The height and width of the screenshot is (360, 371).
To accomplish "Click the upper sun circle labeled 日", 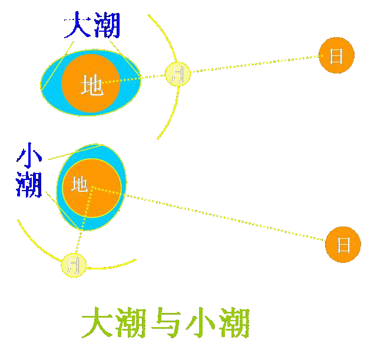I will pyautogui.click(x=336, y=56).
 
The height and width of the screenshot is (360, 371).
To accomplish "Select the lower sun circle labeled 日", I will pyautogui.click(x=343, y=244).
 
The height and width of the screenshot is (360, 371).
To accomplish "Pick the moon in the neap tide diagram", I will pyautogui.click(x=74, y=265).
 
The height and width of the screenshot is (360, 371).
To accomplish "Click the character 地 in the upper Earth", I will pyautogui.click(x=92, y=85).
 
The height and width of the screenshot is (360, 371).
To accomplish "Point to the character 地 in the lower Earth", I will pyautogui.click(x=79, y=184).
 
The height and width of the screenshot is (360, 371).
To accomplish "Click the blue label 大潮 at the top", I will pyautogui.click(x=92, y=26).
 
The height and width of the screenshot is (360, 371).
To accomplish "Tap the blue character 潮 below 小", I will pyautogui.click(x=29, y=184).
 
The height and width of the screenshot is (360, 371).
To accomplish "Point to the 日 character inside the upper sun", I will pyautogui.click(x=336, y=56).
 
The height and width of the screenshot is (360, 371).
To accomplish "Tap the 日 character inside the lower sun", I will pyautogui.click(x=343, y=244).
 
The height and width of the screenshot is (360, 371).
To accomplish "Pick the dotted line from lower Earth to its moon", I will pyautogui.click(x=83, y=224).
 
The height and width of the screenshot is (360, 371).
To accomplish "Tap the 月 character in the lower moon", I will pyautogui.click(x=74, y=265).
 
